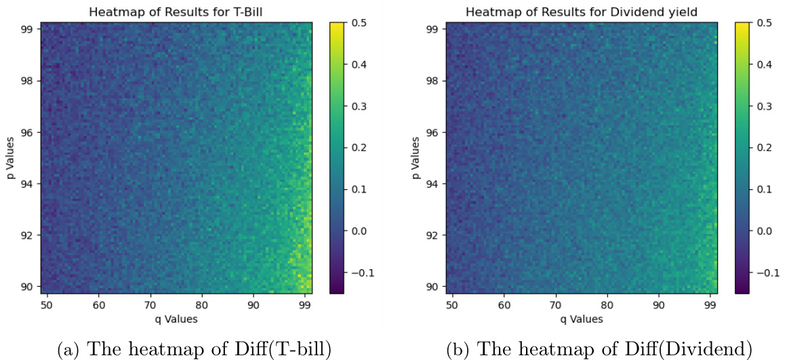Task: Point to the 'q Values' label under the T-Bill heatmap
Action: (x=176, y=317)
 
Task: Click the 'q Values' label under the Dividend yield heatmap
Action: (x=581, y=317)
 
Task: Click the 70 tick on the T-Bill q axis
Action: (x=150, y=304)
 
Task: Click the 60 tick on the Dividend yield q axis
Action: (x=503, y=304)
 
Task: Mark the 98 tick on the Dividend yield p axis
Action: (x=431, y=81)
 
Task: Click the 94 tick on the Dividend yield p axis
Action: (x=431, y=184)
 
